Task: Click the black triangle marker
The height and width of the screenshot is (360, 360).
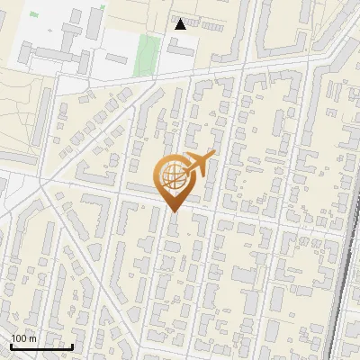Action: click(x=181, y=24)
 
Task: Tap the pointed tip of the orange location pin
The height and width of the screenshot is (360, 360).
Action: click(x=175, y=211)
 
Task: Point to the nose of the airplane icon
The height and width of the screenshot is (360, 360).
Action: click(x=213, y=154)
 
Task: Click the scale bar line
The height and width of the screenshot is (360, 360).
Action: click(x=41, y=346)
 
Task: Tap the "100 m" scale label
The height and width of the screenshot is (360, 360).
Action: click(x=22, y=338)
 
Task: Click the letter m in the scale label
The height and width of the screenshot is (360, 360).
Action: click(x=31, y=338)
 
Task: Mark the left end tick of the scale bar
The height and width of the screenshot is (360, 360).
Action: click(x=11, y=345)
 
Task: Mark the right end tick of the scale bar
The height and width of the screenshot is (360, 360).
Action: click(x=72, y=345)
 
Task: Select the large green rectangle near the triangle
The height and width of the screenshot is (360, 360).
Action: click(x=144, y=55)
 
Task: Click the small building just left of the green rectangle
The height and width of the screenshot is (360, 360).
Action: click(x=116, y=58)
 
